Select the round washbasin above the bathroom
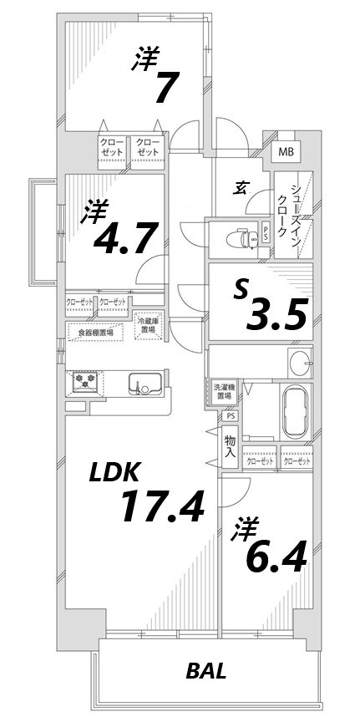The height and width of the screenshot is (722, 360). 299,363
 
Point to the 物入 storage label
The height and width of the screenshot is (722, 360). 230,447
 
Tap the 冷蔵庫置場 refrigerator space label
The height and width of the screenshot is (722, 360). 149,325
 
